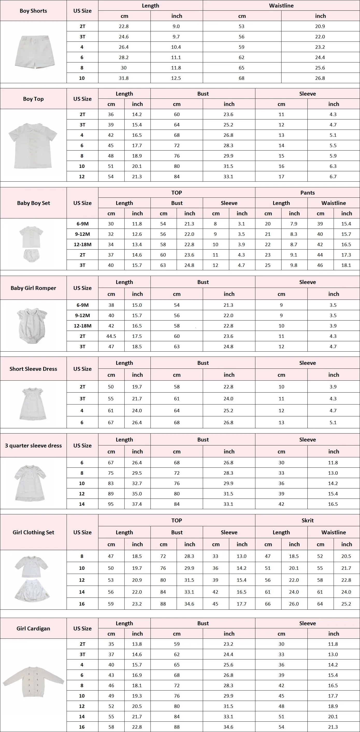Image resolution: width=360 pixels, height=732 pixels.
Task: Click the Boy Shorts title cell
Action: (33, 11)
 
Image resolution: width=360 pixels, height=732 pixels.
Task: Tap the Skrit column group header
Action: (307, 520)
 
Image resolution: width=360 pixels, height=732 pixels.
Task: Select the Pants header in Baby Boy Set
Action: (307, 193)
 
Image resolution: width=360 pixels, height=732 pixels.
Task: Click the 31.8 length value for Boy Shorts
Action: (124, 78)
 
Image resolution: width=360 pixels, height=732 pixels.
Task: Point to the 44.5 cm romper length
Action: (111, 336)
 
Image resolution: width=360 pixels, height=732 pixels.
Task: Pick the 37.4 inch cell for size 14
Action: (137, 504)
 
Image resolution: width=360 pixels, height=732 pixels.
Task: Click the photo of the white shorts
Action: (34, 51)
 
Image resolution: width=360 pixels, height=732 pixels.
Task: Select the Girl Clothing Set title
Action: (33, 532)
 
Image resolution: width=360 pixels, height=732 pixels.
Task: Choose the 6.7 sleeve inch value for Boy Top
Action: (333, 176)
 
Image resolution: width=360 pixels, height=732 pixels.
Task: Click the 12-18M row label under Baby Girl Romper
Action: (82, 326)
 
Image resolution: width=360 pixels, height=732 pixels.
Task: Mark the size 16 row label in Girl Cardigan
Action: (82, 727)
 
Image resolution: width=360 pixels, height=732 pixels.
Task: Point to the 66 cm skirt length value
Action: (268, 603)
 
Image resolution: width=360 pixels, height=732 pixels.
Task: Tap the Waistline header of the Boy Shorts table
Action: (281, 6)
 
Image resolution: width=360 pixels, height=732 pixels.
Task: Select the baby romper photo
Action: (32, 326)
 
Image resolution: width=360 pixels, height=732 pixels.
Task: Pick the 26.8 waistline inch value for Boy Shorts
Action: (320, 78)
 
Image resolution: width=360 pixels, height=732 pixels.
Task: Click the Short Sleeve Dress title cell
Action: (33, 369)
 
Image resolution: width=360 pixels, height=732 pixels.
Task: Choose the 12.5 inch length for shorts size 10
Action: (176, 78)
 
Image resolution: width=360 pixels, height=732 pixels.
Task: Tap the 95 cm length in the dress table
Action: (111, 504)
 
